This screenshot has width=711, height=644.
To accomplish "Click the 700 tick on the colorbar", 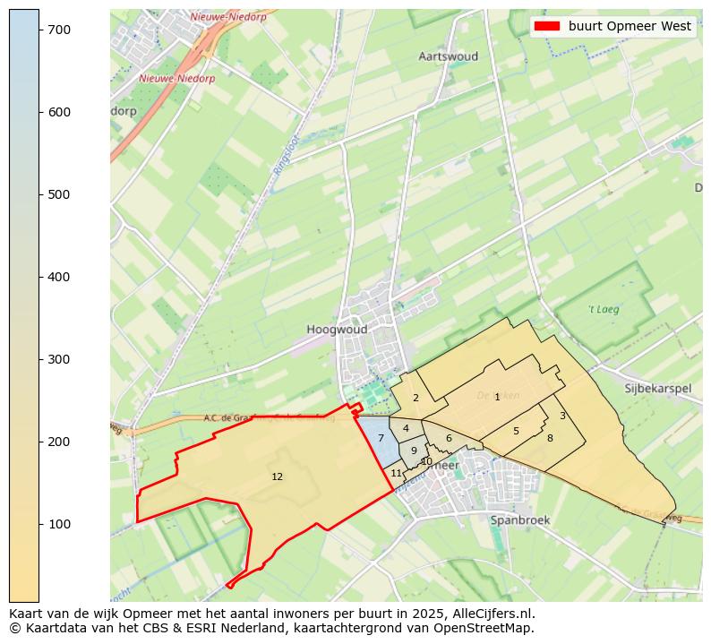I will click(39, 30).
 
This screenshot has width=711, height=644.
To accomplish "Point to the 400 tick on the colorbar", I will click(39, 277).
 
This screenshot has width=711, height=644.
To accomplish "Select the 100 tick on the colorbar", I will click(39, 524).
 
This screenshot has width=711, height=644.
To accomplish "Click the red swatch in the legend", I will click(546, 26).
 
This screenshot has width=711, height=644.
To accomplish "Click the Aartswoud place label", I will click(448, 56).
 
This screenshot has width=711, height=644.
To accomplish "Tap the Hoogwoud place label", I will click(337, 330).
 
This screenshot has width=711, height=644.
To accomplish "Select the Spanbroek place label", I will click(519, 519).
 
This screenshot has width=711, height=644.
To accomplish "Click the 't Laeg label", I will click(604, 310).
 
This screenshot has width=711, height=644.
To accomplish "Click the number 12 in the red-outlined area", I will click(277, 477).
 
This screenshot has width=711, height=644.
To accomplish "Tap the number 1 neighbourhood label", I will click(497, 397).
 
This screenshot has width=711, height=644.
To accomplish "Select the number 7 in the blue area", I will click(381, 438).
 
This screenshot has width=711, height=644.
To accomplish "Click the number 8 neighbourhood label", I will click(550, 438).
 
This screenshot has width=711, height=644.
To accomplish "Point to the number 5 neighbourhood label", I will click(516, 431).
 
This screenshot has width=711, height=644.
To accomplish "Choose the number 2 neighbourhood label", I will click(415, 398).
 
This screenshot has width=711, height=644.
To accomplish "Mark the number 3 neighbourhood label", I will click(562, 416).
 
